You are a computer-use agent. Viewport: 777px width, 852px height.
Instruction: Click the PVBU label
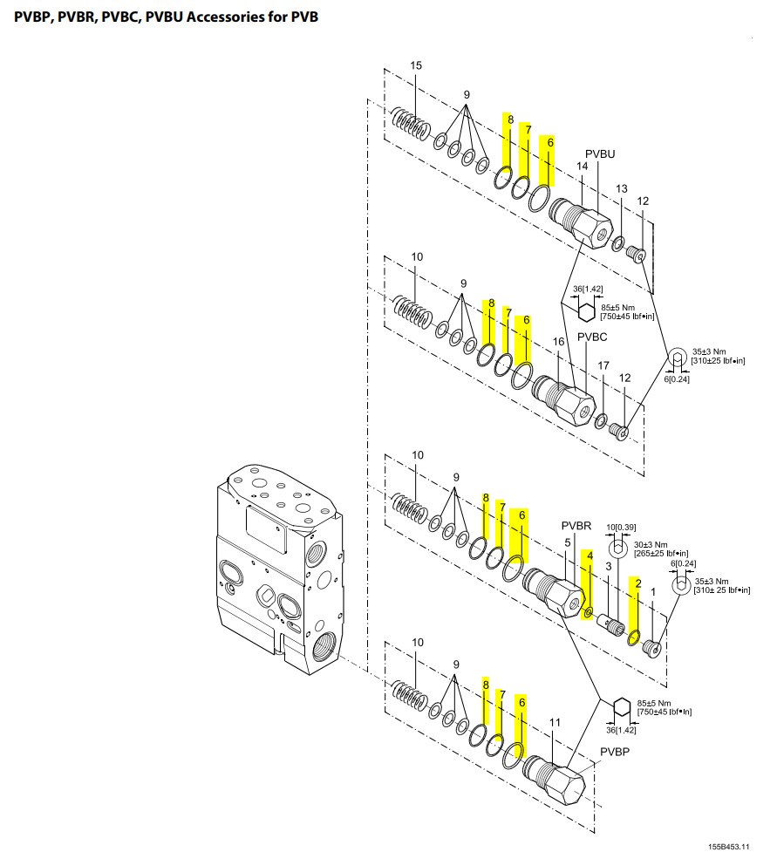tap(600, 153)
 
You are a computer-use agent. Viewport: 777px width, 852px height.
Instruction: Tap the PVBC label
tap(592, 337)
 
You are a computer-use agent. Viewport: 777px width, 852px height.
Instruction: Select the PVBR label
tap(576, 526)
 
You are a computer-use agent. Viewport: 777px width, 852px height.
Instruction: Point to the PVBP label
tap(615, 752)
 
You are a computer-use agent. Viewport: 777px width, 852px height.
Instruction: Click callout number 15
tap(416, 65)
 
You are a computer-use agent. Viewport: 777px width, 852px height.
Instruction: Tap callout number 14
tap(582, 166)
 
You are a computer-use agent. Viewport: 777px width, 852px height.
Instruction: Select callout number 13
tap(622, 188)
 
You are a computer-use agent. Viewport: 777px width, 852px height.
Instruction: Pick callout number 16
tap(559, 341)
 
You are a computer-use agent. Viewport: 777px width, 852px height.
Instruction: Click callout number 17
tap(603, 365)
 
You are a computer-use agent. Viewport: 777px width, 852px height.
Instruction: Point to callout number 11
tap(555, 722)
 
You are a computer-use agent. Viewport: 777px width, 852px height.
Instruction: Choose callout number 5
tap(567, 542)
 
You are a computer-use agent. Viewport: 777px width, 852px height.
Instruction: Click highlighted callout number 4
tap(590, 556)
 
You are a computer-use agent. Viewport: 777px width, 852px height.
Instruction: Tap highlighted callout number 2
tap(638, 583)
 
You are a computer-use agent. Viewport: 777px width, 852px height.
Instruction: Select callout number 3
tap(609, 566)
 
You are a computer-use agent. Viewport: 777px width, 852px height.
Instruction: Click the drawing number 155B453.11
tap(729, 846)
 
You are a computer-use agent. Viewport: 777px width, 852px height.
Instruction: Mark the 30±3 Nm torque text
tap(651, 544)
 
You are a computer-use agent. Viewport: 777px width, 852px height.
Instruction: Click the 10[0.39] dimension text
tap(621, 527)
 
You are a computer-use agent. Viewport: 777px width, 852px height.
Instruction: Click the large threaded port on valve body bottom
tap(326, 645)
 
